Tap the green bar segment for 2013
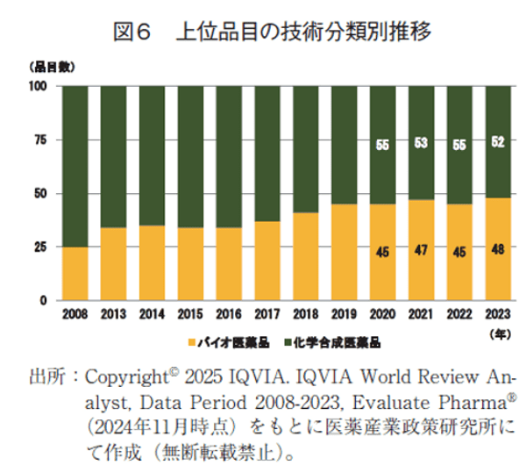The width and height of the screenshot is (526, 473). [112, 156]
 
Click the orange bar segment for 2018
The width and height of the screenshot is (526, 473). [304, 256]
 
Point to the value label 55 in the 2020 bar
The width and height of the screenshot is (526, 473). [381, 146]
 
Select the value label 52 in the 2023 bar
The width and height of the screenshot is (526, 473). [497, 142]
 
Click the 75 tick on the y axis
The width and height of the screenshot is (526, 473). [38, 140]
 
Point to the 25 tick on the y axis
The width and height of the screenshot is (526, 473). [38, 247]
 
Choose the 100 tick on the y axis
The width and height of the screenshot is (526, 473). [36, 86]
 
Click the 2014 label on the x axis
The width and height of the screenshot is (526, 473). [151, 313]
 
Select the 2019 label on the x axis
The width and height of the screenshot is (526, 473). [343, 313]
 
